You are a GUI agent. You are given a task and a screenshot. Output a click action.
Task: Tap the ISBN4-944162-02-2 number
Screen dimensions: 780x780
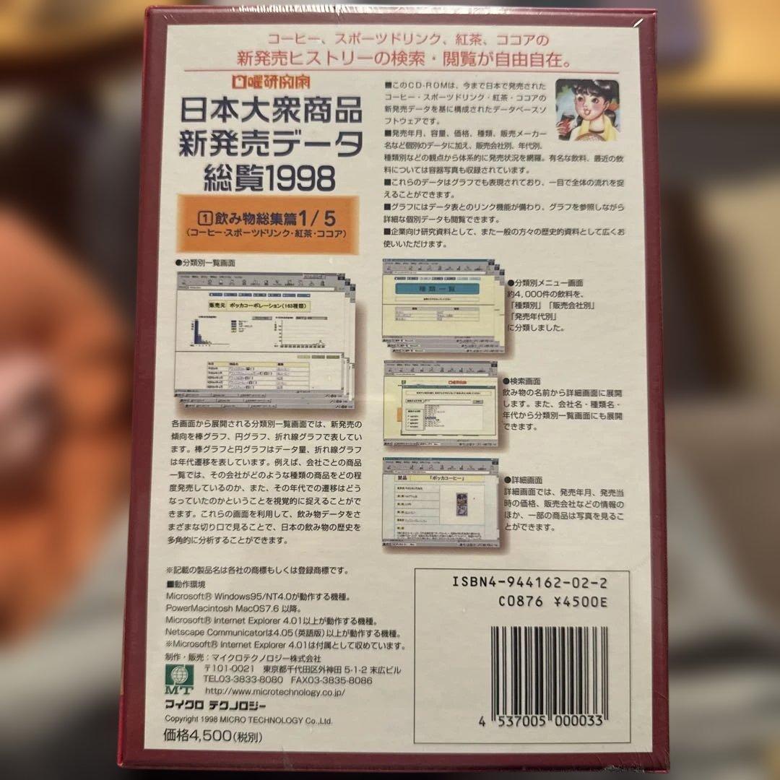[529, 581]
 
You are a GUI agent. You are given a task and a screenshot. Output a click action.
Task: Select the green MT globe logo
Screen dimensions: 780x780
[175, 677]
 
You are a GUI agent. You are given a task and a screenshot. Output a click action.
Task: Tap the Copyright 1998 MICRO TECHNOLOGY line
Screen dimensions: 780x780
[248, 719]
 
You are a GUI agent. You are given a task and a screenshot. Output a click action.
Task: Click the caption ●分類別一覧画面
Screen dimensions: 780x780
[205, 263]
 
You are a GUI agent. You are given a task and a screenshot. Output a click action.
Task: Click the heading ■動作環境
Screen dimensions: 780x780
[186, 584]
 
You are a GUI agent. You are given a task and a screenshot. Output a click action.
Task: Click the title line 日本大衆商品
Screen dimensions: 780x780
[269, 112]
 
